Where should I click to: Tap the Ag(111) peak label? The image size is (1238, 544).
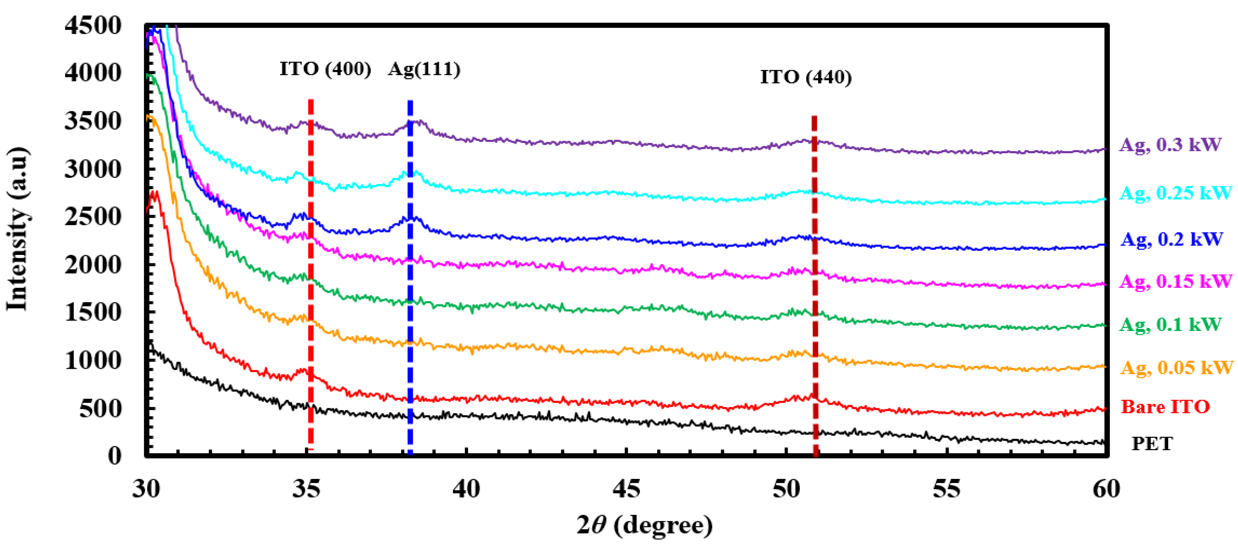click(x=424, y=69)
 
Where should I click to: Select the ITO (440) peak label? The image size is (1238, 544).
click(x=806, y=77)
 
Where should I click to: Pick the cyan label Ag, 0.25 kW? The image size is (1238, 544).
click(x=1175, y=193)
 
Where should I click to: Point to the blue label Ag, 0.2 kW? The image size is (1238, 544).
click(x=1171, y=239)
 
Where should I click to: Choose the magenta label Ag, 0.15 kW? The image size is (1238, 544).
click(x=1175, y=281)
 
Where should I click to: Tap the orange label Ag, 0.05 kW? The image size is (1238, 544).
click(x=1176, y=367)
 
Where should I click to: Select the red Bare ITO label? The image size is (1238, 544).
click(x=1165, y=407)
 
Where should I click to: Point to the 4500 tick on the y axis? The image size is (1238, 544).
click(x=93, y=25)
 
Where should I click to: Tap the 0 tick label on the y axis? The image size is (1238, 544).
click(x=114, y=455)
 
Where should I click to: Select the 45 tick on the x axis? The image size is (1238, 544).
click(x=626, y=489)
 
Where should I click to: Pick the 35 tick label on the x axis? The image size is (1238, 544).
click(x=306, y=489)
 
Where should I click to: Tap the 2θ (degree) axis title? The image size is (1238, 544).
click(x=644, y=525)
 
